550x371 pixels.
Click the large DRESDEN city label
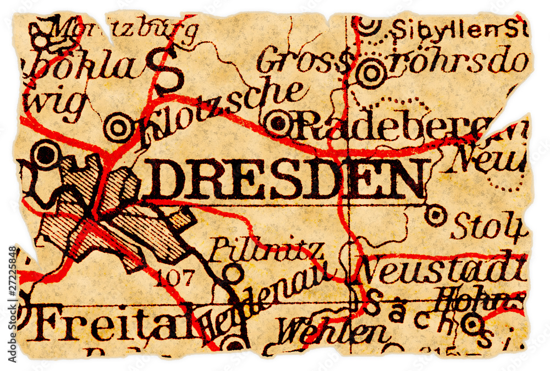[x=283, y=180]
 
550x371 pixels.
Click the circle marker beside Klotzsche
[x=118, y=128]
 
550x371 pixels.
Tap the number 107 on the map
[x=175, y=279]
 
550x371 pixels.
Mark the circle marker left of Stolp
[x=436, y=215]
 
